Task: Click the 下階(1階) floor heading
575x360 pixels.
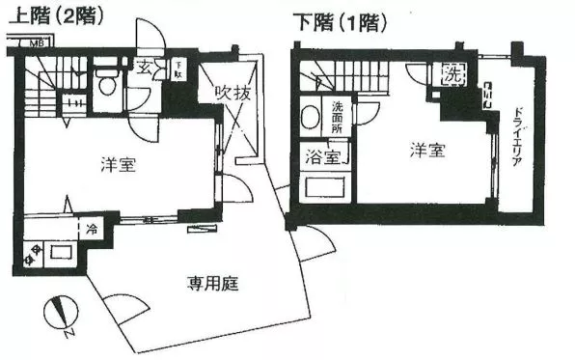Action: click(x=335, y=19)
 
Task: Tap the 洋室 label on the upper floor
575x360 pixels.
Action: click(x=117, y=165)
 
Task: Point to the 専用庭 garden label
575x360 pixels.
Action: click(x=212, y=285)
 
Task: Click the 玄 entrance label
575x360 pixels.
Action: click(x=143, y=67)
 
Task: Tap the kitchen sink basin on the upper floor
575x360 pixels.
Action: click(x=61, y=253)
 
